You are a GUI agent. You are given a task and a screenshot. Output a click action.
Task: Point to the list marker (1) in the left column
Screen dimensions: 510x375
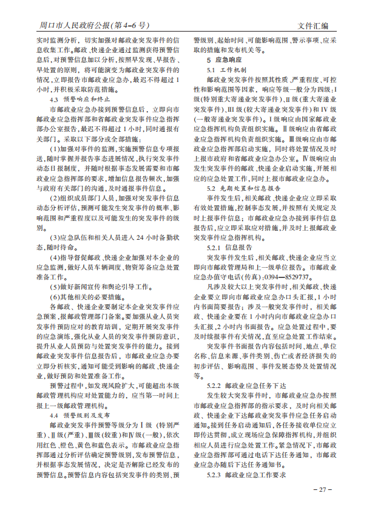pos(55,148)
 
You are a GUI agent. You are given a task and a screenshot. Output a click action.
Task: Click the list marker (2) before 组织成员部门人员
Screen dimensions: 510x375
pos(55,199)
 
